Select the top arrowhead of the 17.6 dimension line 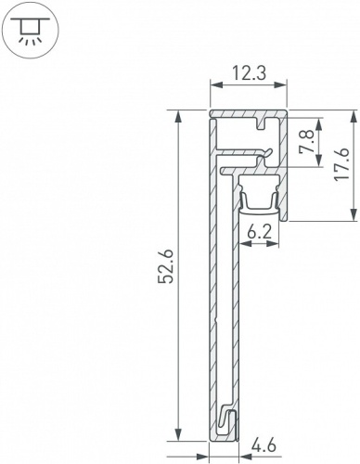coord(355,116)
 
